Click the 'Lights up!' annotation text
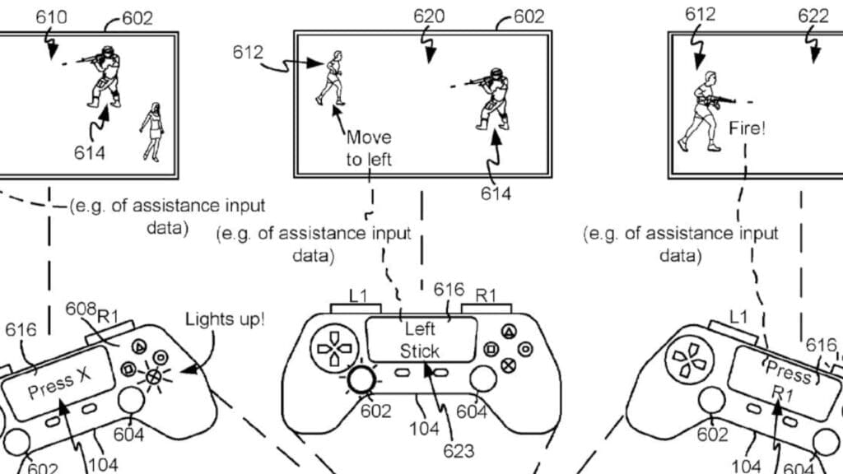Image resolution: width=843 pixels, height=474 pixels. point(225,319)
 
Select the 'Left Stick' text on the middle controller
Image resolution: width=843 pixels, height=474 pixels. point(420,340)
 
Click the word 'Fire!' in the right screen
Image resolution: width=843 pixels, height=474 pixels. point(747,128)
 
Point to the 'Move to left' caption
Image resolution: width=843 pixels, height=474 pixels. point(369,148)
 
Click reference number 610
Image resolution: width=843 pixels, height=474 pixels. point(51,17)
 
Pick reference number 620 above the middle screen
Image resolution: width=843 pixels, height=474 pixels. point(429,16)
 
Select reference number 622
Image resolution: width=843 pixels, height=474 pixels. point(813,16)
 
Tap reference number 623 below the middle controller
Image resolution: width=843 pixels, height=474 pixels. point(459,450)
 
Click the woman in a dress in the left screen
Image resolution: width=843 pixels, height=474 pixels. point(153,132)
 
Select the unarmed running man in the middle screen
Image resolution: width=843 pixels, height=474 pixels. point(331,78)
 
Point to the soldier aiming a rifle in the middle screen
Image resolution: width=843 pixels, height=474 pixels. point(488,99)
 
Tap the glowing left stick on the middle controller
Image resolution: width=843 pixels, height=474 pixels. point(361,379)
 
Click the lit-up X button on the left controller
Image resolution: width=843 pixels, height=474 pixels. point(154,376)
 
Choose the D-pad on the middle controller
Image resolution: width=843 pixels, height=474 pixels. point(334,348)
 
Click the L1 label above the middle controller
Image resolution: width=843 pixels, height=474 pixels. point(358,295)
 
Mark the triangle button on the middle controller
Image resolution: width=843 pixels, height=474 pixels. point(509,332)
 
